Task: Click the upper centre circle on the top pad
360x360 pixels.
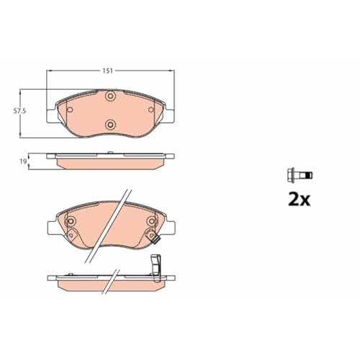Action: click(x=110, y=98)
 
